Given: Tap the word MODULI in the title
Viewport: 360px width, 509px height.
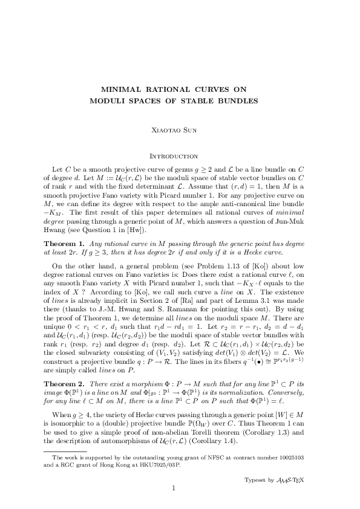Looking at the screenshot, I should point(108,100).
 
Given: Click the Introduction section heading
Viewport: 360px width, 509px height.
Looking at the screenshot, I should point(180,156).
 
